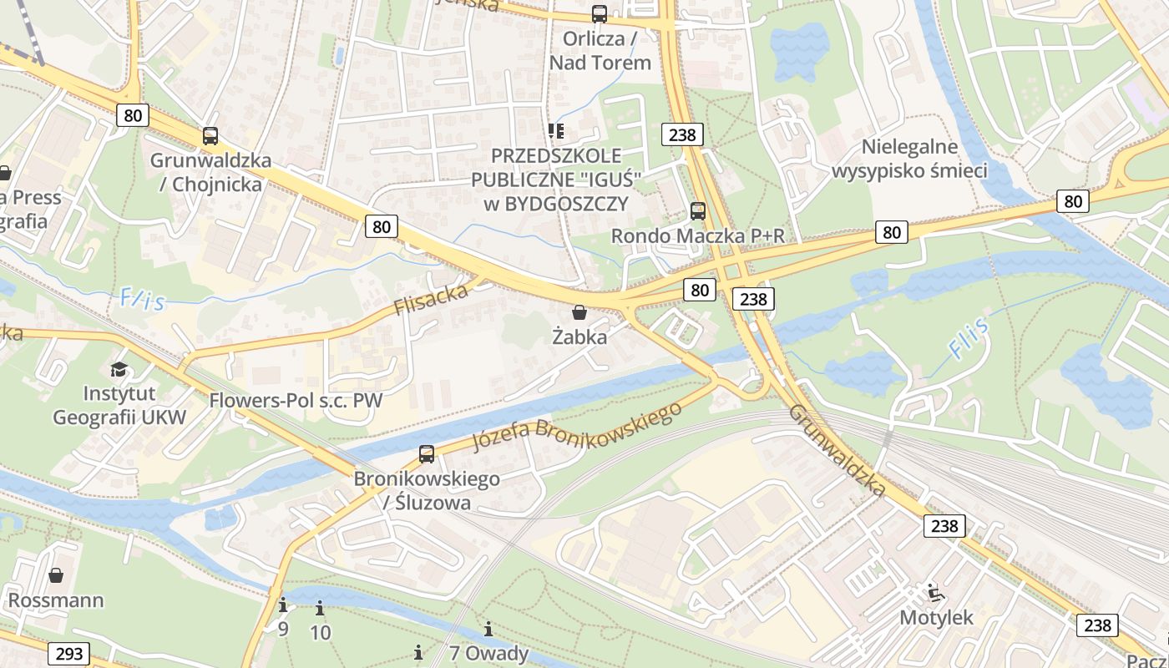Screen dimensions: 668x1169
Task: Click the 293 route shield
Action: tap(69, 653)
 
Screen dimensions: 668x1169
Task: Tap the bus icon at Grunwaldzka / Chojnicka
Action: tap(210, 136)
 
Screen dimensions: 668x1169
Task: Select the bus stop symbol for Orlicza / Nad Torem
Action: tap(599, 13)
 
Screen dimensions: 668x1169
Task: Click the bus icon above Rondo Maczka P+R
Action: tap(697, 211)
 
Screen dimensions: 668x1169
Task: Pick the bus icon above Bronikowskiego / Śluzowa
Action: tap(427, 454)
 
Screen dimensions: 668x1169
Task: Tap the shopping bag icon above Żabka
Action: tap(579, 312)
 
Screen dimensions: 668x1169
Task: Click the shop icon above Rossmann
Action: tap(56, 575)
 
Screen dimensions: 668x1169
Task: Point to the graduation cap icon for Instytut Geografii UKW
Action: tap(119, 369)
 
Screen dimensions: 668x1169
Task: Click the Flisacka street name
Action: tap(431, 299)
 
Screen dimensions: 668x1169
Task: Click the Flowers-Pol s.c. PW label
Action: tap(296, 400)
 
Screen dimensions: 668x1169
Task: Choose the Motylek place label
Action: tap(936, 618)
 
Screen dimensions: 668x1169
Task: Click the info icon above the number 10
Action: tap(320, 609)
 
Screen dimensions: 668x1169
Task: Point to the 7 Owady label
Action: tap(488, 653)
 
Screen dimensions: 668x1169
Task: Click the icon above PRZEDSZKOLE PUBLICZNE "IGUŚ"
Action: tap(556, 130)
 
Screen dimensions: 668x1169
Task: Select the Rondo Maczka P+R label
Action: tap(698, 236)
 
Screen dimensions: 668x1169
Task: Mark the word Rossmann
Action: tap(56, 600)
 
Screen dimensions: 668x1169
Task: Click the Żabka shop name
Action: tap(579, 337)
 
